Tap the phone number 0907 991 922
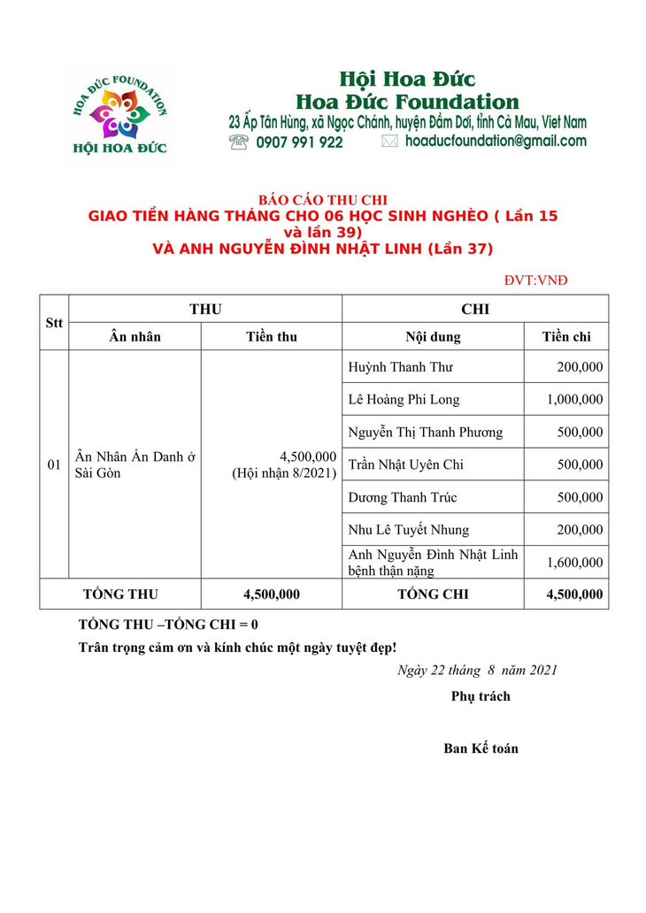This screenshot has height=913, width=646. [299, 142]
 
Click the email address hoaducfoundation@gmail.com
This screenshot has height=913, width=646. [496, 141]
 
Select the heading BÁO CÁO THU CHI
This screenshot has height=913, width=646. [323, 201]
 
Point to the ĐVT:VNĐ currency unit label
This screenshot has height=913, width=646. [535, 280]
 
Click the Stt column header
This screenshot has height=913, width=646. [54, 322]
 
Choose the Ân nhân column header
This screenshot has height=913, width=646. [135, 336]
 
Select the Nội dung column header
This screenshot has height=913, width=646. [433, 336]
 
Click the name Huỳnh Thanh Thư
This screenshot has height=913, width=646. [400, 367]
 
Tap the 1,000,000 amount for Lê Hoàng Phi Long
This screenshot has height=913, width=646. [574, 400]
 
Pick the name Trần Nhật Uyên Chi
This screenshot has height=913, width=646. [405, 464]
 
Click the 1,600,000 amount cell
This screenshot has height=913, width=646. [574, 562]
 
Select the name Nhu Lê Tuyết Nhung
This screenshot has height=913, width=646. [408, 530]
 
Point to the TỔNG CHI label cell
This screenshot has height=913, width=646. [433, 595]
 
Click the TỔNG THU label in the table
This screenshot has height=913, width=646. [120, 595]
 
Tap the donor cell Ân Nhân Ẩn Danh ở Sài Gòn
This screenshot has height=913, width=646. [135, 464]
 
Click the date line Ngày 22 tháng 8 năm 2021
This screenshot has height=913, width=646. [477, 670]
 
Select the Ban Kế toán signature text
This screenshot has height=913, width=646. [481, 748]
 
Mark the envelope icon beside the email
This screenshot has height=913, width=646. [389, 142]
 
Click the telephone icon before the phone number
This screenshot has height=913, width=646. [239, 142]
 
